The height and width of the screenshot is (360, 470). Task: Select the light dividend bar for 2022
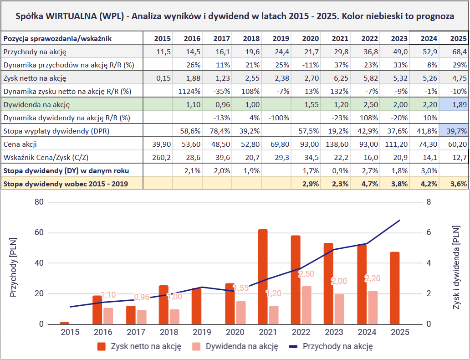pos(307,305)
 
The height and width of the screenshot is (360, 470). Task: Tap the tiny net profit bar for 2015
pos(65,323)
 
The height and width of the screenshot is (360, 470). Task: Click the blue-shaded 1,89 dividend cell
pos(454,105)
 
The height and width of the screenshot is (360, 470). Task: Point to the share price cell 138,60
pos(335,144)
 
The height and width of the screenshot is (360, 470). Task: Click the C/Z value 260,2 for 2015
pos(158,158)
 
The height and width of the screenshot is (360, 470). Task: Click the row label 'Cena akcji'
pos(20,144)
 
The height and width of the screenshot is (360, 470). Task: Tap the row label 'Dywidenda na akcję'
pos(36,105)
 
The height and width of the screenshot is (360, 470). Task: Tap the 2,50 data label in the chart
pos(307,274)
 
